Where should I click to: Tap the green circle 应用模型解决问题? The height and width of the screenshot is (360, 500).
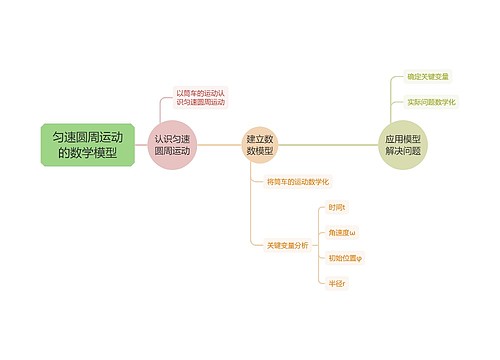pyautogui.click(x=403, y=145)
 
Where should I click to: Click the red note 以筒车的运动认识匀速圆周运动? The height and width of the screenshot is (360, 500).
pyautogui.click(x=201, y=97)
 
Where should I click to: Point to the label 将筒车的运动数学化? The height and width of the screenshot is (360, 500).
pyautogui.click(x=298, y=182)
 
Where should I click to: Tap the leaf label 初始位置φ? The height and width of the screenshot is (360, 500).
pyautogui.click(x=345, y=257)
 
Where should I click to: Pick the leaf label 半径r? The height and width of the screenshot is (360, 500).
pyautogui.click(x=337, y=283)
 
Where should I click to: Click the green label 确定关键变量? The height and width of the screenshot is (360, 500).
pyautogui.click(x=428, y=76)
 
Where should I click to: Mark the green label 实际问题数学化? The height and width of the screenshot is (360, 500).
pyautogui.click(x=431, y=101)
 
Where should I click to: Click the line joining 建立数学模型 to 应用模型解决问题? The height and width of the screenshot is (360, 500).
pyautogui.click(x=330, y=145)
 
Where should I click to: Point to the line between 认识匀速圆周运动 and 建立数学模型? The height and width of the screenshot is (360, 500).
pyautogui.click(x=219, y=145)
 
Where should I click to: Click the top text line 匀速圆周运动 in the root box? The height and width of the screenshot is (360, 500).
pyautogui.click(x=88, y=135)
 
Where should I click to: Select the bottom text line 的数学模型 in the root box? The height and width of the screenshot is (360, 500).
pyautogui.click(x=88, y=154)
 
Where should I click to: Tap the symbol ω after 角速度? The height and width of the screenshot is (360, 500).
pyautogui.click(x=352, y=232)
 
